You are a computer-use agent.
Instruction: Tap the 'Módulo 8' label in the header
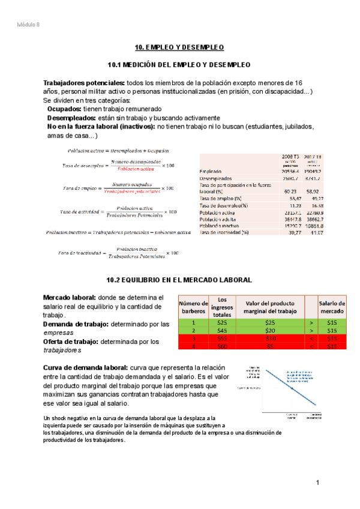click(29, 24)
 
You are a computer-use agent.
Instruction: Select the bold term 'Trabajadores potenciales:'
click(84, 82)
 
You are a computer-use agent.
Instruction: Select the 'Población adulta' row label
click(219, 220)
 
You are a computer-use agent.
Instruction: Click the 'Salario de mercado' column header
click(332, 307)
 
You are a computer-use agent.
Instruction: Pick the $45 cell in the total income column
click(222, 330)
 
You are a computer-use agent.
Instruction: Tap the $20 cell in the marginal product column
click(271, 330)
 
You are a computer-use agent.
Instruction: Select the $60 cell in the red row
click(222, 346)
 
